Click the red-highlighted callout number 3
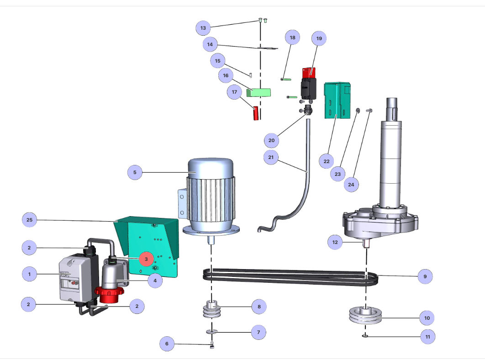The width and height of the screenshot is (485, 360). click(146, 259)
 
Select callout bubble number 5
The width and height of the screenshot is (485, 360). click(135, 172)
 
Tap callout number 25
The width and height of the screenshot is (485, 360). click(29, 220)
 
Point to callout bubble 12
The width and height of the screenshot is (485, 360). click(335, 242)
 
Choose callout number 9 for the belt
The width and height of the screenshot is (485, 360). click(425, 276)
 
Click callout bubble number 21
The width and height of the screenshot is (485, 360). click(271, 157)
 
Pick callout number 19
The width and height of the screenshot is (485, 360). click(319, 38)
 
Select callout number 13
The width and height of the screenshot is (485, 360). click(203, 28)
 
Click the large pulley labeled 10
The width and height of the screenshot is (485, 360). click(365, 315)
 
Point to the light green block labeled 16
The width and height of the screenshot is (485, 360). click(258, 93)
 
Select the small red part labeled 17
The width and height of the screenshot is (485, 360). click(256, 113)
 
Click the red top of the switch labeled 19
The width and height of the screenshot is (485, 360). click(309, 73)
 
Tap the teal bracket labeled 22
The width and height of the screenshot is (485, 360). click(337, 101)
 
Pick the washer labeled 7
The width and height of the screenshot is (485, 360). click(212, 332)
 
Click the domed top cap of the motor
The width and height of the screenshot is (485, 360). click(211, 169)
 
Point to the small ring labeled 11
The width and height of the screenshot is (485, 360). click(365, 335)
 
